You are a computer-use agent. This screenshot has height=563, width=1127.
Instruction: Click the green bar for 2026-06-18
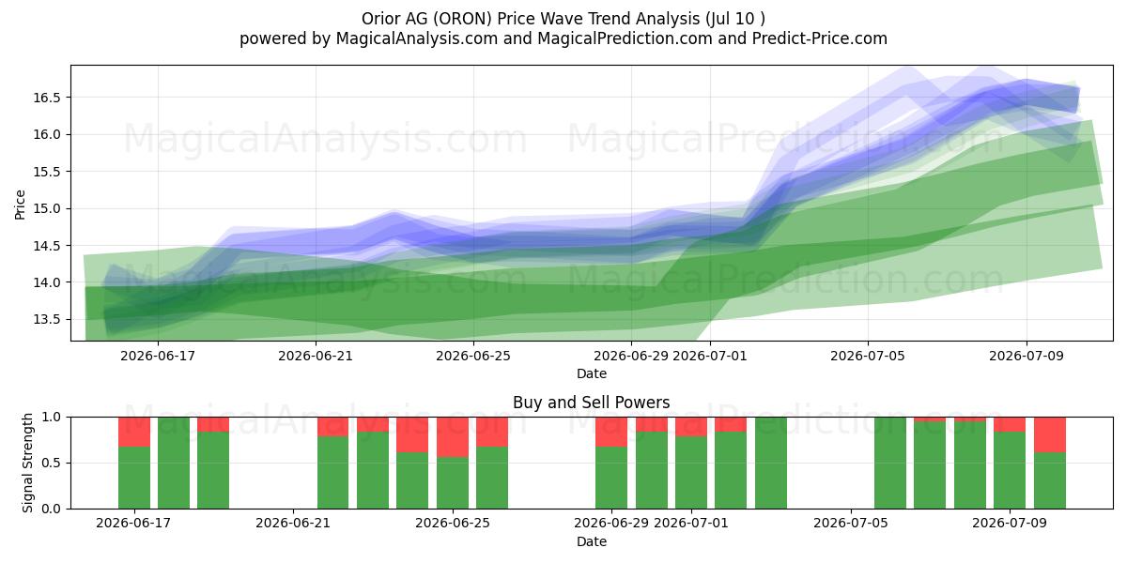(x=174, y=463)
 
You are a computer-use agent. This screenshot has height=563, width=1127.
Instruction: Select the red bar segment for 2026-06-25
(x=453, y=437)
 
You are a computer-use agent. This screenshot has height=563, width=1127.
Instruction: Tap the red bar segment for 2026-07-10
(x=1050, y=434)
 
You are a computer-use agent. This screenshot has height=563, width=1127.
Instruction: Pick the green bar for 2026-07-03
(x=771, y=463)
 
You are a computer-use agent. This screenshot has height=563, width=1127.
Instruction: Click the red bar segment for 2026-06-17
(x=134, y=432)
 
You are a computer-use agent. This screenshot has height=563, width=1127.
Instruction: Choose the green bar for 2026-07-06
(x=890, y=463)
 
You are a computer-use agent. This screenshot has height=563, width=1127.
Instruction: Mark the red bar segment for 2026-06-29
(x=611, y=432)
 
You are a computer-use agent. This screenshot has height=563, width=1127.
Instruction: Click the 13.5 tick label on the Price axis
(x=47, y=320)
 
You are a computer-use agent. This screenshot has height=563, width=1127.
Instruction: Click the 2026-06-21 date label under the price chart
(x=316, y=356)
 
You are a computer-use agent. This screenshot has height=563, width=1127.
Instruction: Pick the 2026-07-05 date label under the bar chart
(x=851, y=523)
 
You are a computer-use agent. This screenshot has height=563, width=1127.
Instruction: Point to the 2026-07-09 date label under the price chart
(x=1027, y=356)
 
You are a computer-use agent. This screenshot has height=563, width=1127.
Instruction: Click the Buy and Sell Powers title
(x=591, y=403)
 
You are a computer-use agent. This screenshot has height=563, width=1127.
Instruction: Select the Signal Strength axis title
(x=27, y=463)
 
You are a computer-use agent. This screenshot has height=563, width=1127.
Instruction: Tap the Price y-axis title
(x=20, y=205)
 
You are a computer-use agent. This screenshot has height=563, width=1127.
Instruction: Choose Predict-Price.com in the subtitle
(x=820, y=38)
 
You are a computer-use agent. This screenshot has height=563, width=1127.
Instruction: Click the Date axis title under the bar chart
(x=591, y=541)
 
